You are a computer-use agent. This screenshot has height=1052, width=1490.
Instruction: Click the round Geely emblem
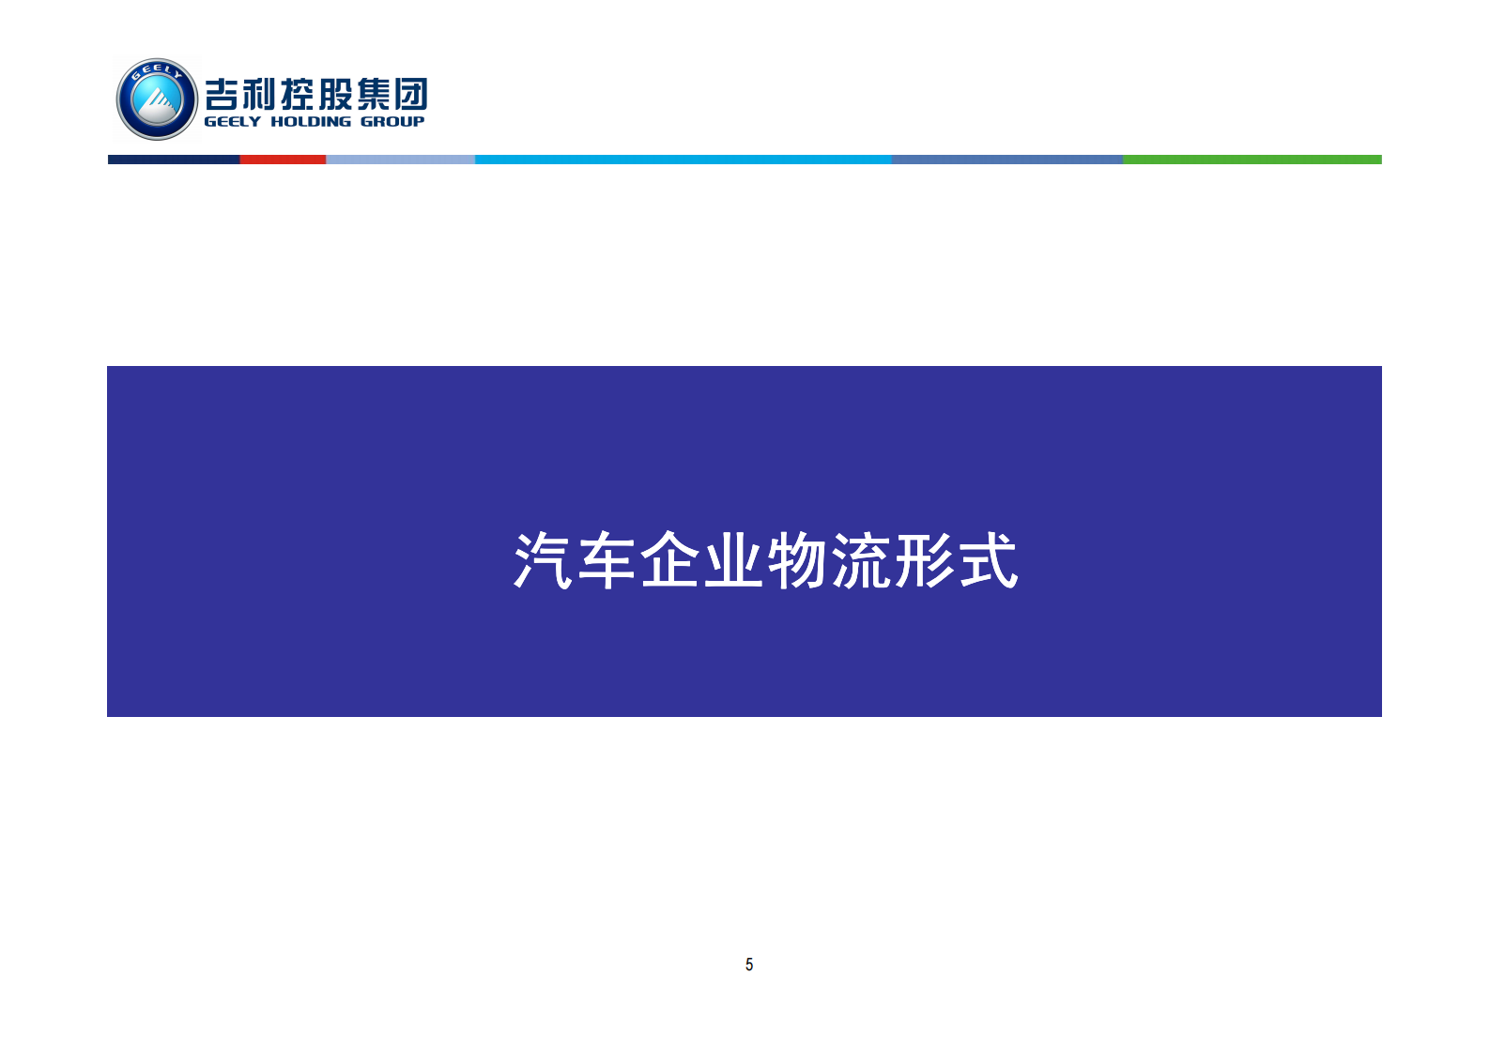[157, 99]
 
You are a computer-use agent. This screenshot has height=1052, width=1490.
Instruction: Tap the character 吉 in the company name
[225, 94]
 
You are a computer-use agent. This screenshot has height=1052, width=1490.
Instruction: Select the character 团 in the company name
[410, 94]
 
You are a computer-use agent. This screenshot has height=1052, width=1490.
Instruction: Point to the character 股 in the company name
[333, 94]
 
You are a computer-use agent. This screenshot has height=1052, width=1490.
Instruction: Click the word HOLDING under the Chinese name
[311, 122]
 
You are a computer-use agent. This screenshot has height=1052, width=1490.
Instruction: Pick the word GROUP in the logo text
[392, 122]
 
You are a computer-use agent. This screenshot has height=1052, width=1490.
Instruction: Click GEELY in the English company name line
[232, 122]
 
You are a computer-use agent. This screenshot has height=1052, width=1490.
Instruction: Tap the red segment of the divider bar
[283, 160]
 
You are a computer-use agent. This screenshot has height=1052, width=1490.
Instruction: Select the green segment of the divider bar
[1252, 160]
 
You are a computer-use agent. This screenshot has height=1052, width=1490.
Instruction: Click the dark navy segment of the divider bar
[174, 160]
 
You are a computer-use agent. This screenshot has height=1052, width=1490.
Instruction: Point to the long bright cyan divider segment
[683, 160]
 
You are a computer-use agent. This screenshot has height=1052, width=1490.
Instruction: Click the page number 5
[749, 965]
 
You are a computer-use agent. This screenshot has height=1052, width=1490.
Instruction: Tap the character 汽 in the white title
[544, 561]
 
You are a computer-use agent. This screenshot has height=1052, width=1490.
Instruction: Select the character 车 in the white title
[607, 561]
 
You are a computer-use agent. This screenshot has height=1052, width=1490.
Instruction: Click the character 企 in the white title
[670, 561]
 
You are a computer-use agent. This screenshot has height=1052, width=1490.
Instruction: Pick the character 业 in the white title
[734, 561]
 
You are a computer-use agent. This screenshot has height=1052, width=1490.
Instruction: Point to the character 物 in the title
[797, 561]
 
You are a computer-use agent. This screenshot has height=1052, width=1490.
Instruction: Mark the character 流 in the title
[861, 561]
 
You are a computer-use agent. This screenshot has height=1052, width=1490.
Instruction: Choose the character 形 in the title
[924, 561]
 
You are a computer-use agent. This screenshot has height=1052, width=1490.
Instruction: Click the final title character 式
[988, 561]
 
